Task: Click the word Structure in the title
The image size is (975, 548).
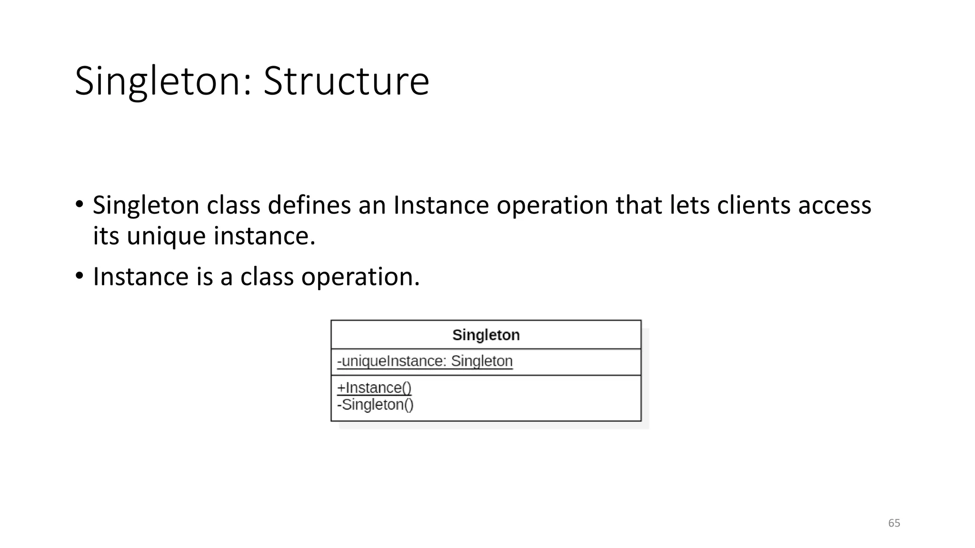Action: tap(346, 81)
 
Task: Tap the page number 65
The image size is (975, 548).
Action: tap(894, 523)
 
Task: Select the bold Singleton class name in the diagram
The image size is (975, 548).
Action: tap(486, 335)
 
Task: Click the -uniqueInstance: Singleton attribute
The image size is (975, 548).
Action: tap(425, 361)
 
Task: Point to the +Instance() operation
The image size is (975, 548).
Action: tap(374, 388)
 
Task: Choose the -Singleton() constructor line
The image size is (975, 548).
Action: tap(375, 405)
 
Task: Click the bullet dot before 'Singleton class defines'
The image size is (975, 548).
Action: tap(80, 205)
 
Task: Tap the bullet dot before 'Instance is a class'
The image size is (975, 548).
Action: tap(80, 276)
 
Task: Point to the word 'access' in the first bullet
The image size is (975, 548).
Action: tap(835, 205)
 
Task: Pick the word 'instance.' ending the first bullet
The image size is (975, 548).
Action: tap(264, 235)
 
